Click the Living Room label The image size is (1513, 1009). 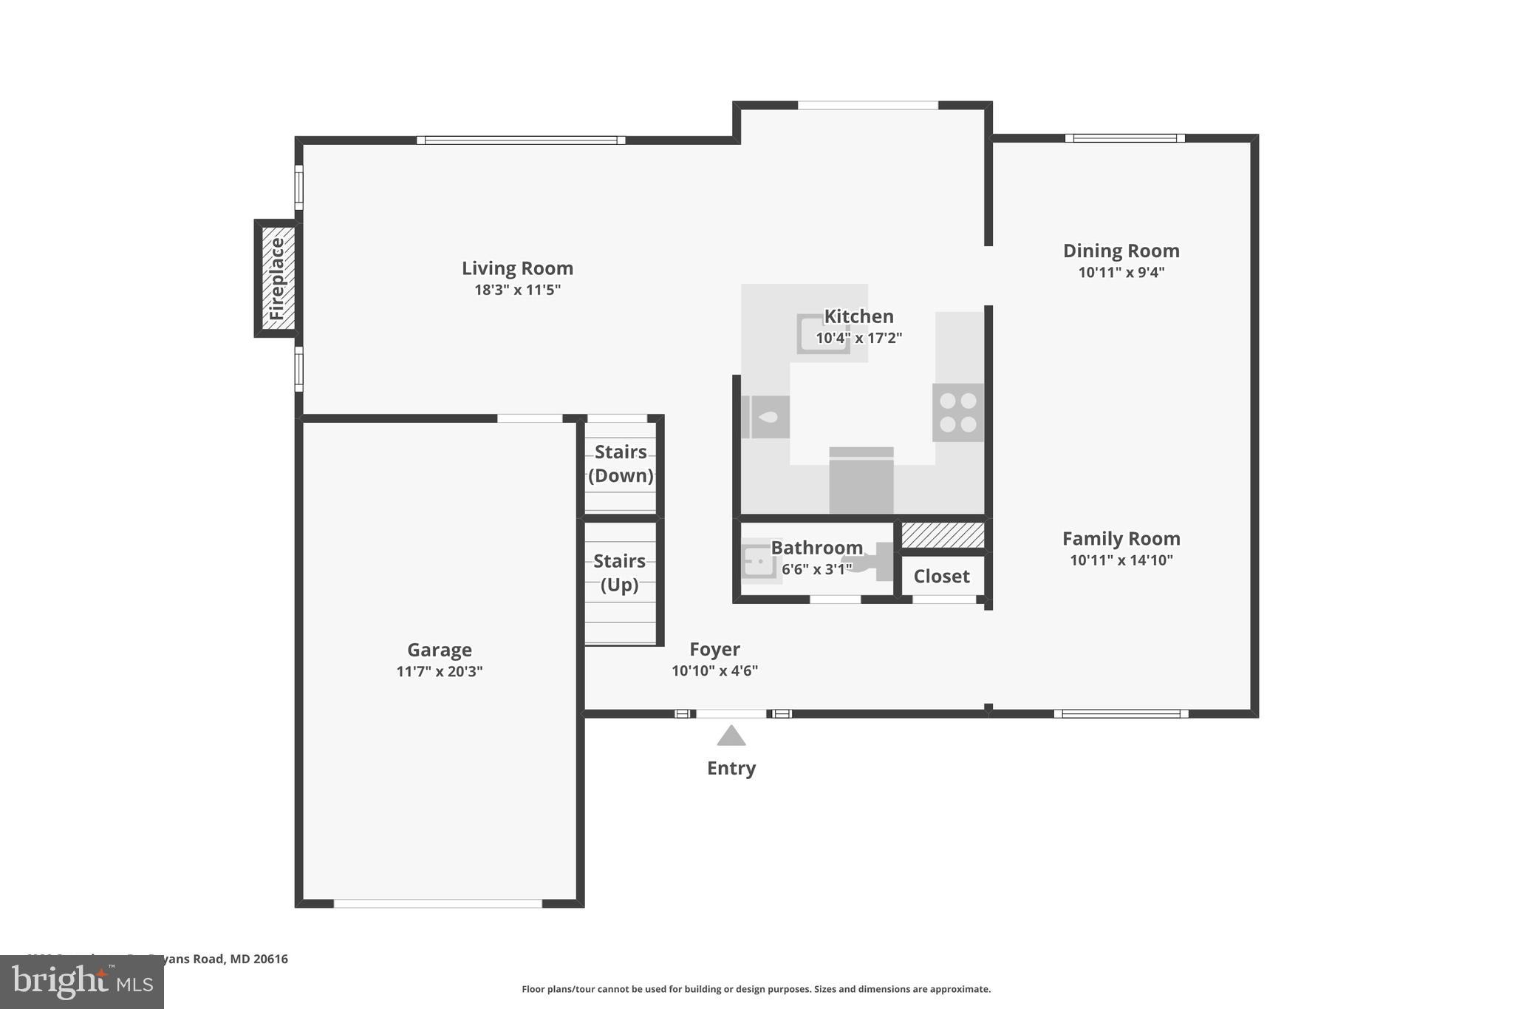(517, 268)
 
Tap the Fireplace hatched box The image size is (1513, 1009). (277, 279)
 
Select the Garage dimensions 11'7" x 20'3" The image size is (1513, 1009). (440, 672)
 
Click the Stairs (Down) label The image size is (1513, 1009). (621, 463)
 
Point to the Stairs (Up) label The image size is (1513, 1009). (619, 573)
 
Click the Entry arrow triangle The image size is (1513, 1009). (731, 736)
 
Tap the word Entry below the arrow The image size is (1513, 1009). (731, 768)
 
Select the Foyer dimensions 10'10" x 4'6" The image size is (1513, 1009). (714, 671)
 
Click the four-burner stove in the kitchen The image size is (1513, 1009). (958, 412)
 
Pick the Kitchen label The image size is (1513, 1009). (858, 316)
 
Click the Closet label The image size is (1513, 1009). (941, 577)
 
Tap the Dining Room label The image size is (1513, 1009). (1121, 251)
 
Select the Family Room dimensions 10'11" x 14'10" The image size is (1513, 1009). (1121, 560)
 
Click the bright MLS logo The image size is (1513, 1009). (82, 982)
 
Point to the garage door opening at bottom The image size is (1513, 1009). (437, 903)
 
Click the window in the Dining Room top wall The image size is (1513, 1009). (1124, 138)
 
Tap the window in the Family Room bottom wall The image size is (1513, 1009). (1121, 714)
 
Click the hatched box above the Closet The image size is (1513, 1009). (943, 535)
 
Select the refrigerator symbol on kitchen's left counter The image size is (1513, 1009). (766, 418)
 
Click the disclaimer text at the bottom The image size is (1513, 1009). (756, 989)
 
